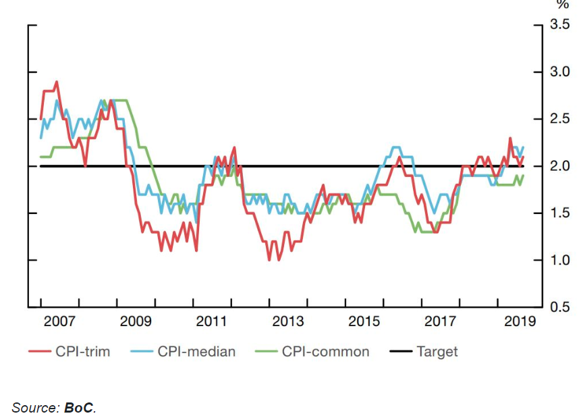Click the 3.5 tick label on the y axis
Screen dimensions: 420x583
(x=560, y=25)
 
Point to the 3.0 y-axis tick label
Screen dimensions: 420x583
(x=560, y=72)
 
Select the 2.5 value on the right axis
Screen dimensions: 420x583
(x=560, y=120)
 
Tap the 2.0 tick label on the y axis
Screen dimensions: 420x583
(x=560, y=166)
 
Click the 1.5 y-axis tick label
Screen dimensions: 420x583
(x=560, y=213)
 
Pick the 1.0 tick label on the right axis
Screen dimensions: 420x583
(x=560, y=261)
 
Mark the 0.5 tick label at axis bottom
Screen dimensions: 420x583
(x=560, y=308)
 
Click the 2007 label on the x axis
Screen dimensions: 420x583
(x=59, y=321)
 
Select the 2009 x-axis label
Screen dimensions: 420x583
(x=136, y=321)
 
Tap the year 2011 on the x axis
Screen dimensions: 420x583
(x=212, y=321)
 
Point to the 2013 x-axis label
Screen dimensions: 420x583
(x=288, y=321)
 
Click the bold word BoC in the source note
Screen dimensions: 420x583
(x=79, y=407)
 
